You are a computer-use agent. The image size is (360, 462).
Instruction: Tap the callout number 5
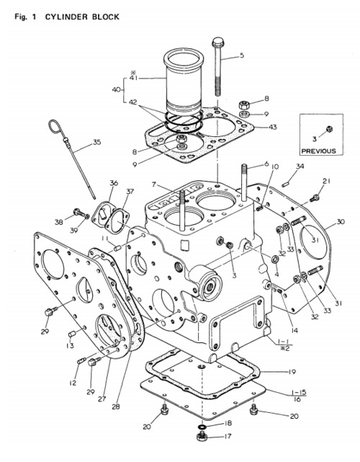point(241,55)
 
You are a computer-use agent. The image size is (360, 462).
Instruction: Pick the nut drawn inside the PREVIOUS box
point(329,128)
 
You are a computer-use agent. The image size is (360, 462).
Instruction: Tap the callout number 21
point(326,181)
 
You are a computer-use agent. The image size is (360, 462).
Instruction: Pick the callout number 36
point(114,184)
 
